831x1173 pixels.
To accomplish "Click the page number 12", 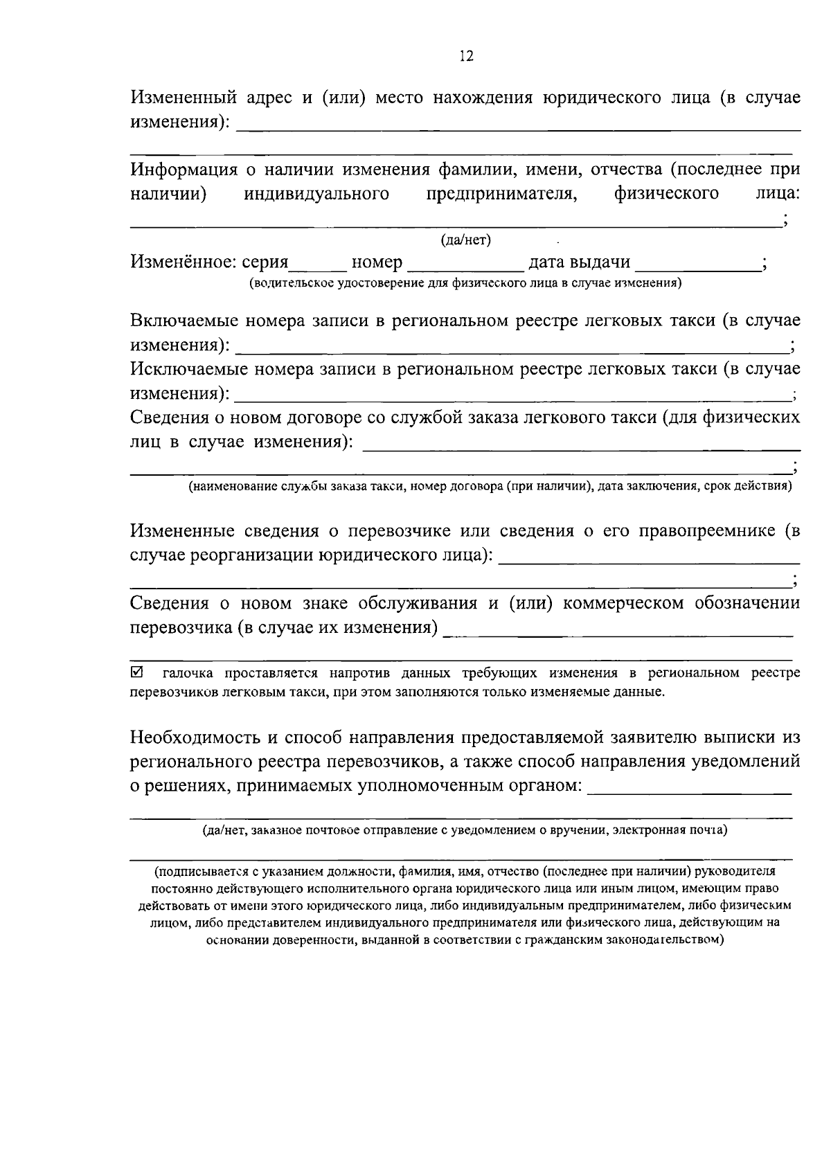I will (x=466, y=57).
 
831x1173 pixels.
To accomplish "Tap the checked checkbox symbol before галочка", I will (x=136, y=672).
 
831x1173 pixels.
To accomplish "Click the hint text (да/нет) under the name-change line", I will (x=466, y=240).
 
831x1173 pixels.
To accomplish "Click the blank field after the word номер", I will (x=465, y=267).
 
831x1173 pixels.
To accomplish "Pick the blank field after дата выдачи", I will (x=696, y=267).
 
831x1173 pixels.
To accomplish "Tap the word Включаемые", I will (x=186, y=321).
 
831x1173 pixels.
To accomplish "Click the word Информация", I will (x=183, y=170).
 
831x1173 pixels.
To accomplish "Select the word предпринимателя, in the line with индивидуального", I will (x=501, y=195).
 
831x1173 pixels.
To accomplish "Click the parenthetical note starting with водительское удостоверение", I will (x=465, y=283).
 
